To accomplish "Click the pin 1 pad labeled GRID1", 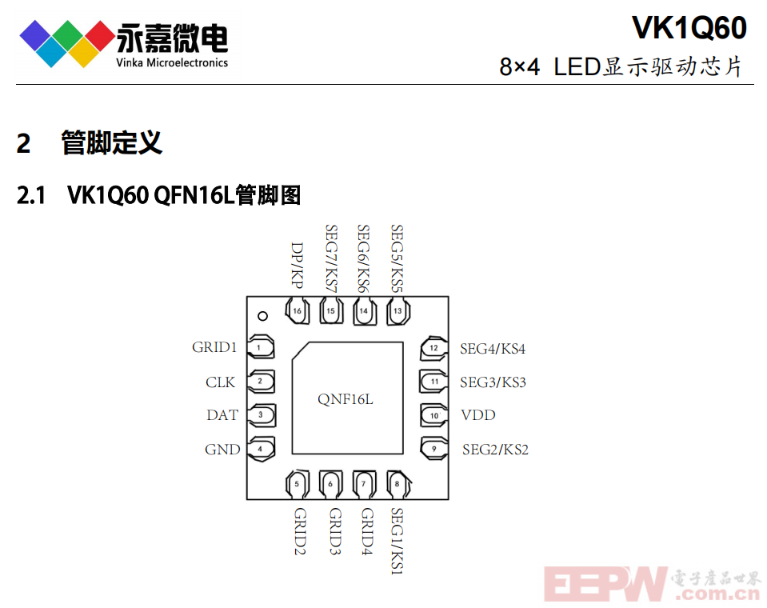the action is tap(261, 348).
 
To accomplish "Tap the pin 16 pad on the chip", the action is tap(298, 311).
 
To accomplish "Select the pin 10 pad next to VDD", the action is tap(433, 415).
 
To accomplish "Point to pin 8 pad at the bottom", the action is tap(398, 484).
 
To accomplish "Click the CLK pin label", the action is tap(220, 382).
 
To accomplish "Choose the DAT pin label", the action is tap(222, 415).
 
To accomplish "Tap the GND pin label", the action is tap(222, 449).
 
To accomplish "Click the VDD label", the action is tap(478, 415).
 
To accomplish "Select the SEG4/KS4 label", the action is tap(493, 349).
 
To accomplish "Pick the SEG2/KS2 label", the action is tap(495, 450).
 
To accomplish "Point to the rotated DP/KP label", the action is tap(297, 265).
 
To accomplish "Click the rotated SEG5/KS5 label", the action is tap(397, 258).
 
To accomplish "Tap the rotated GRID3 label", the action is tap(334, 531).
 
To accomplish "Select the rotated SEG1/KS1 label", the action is tap(397, 541).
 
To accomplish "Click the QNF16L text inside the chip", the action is tap(346, 399).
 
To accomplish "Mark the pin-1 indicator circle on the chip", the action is tap(262, 317).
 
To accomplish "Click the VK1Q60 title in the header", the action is tap(689, 28).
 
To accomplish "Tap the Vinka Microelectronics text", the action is tap(172, 62).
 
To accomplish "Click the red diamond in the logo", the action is tap(100, 36).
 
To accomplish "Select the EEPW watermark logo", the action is tap(653, 584).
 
